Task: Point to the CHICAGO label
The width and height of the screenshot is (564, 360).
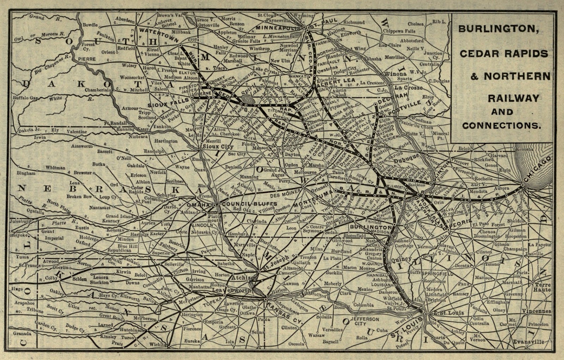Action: tap(537, 170)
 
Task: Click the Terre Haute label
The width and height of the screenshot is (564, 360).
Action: tap(542, 287)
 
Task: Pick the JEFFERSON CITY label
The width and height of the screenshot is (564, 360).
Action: tap(367, 321)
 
